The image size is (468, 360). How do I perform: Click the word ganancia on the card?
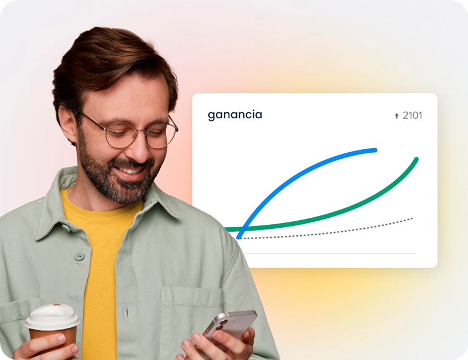235,115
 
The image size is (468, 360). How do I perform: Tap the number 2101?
412,115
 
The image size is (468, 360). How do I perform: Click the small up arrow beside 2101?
397,116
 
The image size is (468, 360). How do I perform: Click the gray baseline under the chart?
329,253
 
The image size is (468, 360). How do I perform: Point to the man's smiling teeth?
130,171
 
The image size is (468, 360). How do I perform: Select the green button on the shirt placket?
80,256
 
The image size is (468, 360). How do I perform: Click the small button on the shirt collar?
66,228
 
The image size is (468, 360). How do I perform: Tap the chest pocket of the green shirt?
191,317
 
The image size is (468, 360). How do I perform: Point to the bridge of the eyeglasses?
141,132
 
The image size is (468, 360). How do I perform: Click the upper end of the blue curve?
376,150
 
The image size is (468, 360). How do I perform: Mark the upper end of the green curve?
417,159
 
